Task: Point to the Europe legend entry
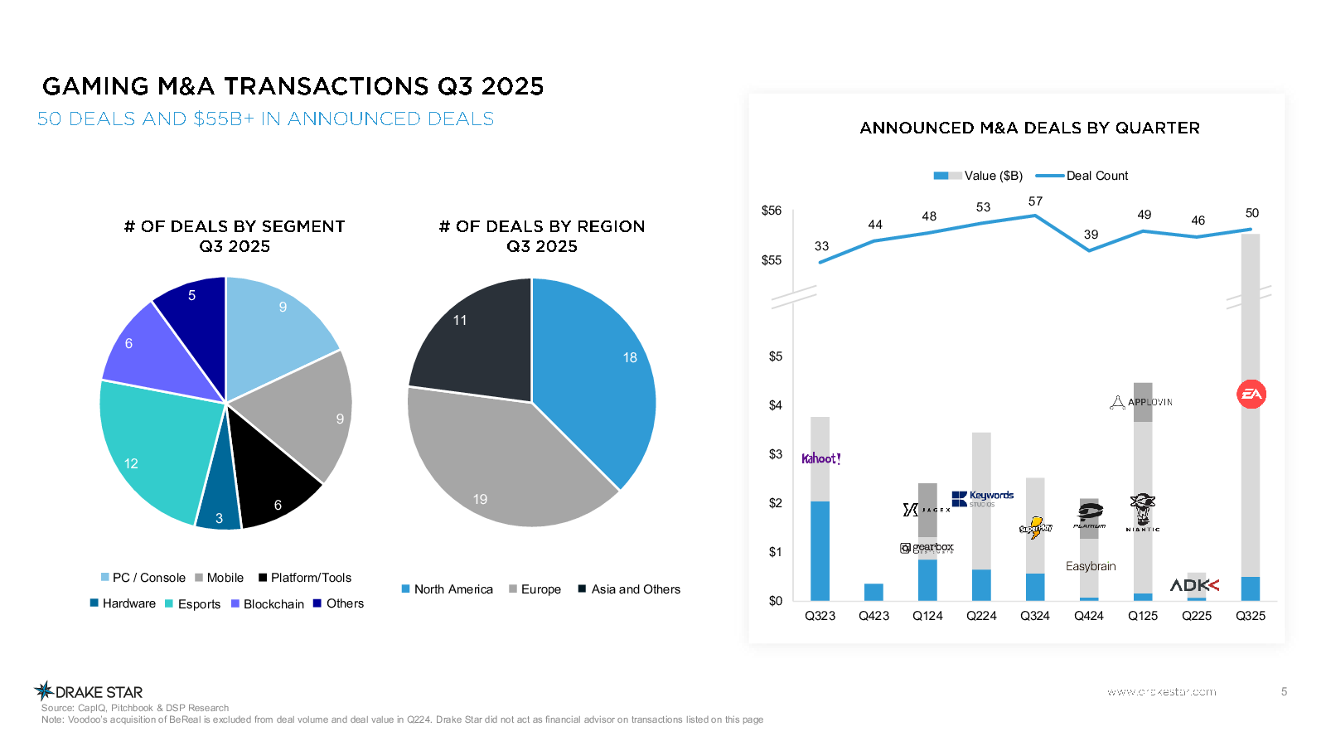[535, 589]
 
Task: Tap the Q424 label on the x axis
[1089, 616]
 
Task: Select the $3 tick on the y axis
[775, 454]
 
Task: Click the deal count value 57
[1035, 201]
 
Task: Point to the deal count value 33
[821, 246]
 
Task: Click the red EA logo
[1251, 395]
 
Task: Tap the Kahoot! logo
[820, 458]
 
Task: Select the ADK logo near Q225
[1194, 585]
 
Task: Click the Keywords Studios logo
[983, 498]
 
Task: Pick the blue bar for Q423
[874, 592]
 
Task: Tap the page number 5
[1284, 691]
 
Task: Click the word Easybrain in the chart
[1091, 566]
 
